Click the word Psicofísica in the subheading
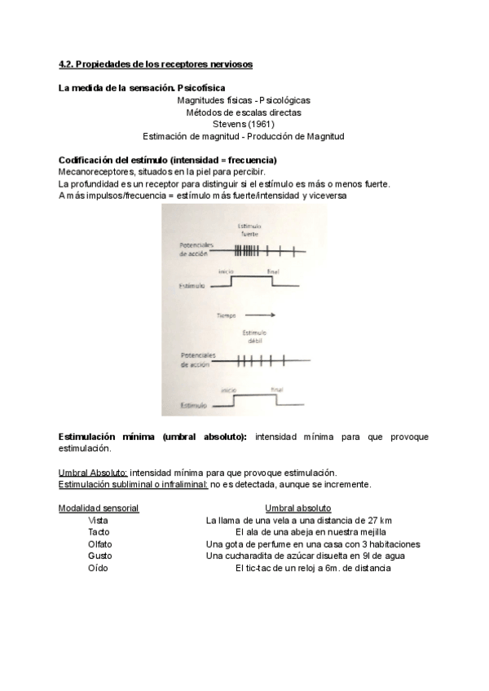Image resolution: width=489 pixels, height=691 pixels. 195,87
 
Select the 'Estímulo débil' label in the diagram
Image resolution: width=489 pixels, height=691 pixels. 254,337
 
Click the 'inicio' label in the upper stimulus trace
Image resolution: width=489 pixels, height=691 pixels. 228,272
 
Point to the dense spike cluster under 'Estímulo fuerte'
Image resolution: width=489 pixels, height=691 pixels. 247,251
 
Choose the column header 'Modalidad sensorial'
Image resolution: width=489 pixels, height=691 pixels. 99,508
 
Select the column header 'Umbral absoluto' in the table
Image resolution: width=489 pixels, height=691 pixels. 297,508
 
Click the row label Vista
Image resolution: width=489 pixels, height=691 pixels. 98,520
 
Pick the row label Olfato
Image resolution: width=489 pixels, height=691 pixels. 99,544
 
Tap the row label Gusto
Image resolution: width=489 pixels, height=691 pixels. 99,556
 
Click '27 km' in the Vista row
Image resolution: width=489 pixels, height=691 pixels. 379,520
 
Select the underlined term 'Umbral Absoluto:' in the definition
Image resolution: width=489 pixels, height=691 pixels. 93,473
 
